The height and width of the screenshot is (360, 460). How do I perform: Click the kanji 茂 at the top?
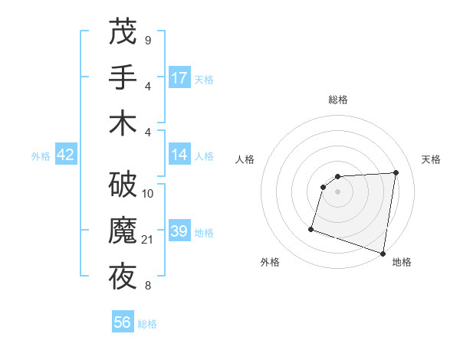tap(123, 33)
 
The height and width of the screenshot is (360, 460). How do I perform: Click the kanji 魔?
tap(123, 231)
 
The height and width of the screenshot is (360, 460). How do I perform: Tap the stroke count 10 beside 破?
tap(148, 194)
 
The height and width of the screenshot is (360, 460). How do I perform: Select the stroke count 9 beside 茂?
tap(147, 40)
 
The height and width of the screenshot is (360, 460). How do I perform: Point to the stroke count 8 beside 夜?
tap(147, 286)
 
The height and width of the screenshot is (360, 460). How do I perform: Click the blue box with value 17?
tap(179, 78)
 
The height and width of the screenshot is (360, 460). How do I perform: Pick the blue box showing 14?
tap(179, 155)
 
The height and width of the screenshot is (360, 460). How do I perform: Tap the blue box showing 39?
tap(179, 231)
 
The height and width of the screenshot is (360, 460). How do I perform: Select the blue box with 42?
tap(66, 155)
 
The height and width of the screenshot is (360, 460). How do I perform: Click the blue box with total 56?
tap(123, 322)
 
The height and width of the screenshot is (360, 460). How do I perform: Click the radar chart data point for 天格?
tap(396, 172)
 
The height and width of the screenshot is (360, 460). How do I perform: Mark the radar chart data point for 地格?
tap(383, 253)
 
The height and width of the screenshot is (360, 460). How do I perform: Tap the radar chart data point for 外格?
tap(311, 229)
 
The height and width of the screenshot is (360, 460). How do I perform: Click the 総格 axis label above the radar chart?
tap(338, 100)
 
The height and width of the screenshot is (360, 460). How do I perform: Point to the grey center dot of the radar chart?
tap(337, 191)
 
